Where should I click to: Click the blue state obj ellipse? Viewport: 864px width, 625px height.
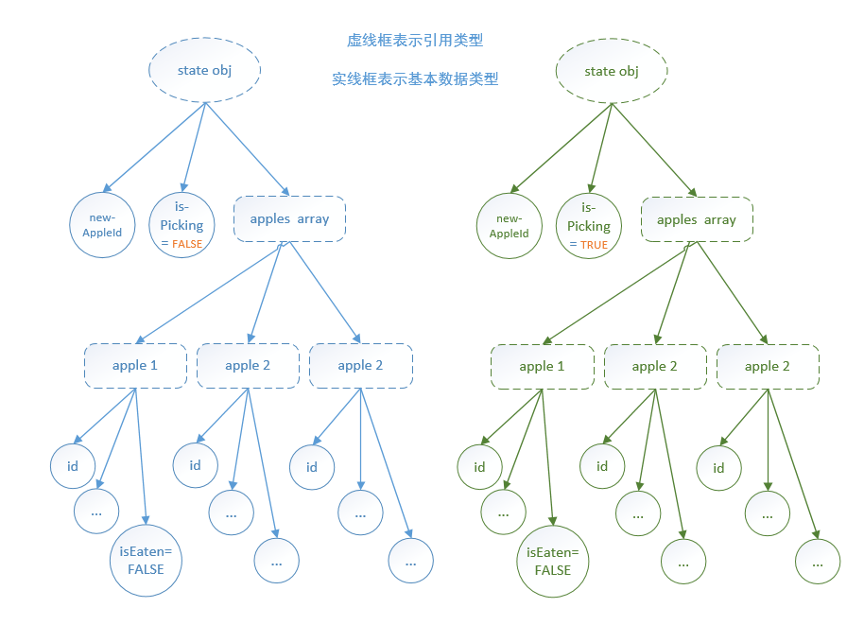205,71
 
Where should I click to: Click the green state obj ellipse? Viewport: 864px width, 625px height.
612,72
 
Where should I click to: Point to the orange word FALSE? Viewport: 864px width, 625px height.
187,243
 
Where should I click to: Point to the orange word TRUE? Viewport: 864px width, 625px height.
595,244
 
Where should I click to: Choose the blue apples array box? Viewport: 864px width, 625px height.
289,218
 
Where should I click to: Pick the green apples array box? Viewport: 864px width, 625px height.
697,219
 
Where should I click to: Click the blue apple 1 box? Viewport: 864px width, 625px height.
135,365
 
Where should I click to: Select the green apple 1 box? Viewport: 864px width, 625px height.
543,366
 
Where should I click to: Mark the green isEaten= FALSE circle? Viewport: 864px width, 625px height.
553,562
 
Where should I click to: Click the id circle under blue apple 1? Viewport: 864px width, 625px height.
73,466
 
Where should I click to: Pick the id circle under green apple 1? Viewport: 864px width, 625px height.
479,467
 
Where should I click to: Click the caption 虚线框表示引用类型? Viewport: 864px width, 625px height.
415,41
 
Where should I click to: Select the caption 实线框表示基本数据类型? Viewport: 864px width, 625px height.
415,79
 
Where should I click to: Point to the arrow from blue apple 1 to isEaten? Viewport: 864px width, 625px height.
141,454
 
